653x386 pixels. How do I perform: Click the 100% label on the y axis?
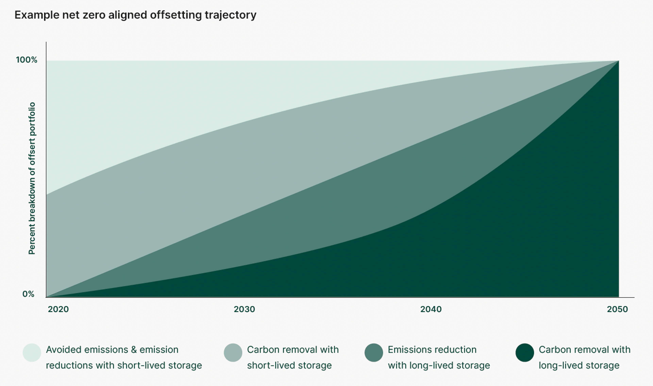coord(27,60)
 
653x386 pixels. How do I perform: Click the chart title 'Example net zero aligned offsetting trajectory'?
coord(135,15)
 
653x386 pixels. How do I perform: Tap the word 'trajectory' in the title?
coord(230,15)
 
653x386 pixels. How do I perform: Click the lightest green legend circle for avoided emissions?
coord(32,353)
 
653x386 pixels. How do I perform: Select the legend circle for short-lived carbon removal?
coord(233,353)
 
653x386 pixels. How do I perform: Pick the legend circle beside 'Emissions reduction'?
coord(374,353)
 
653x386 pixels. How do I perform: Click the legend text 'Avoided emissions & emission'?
coord(112,350)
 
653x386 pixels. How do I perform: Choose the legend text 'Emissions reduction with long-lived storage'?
coord(439,357)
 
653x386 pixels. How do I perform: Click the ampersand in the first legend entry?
coord(134,350)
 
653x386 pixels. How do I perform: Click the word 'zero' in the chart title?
coord(94,15)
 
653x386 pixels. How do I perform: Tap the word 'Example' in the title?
coord(37,15)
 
